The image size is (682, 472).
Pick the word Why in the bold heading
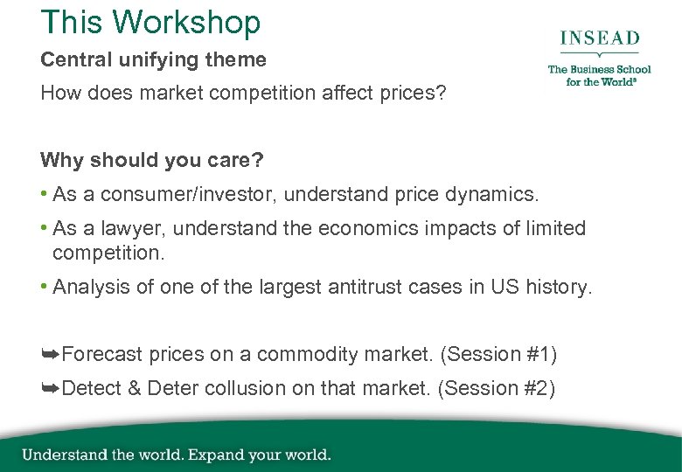tap(59, 161)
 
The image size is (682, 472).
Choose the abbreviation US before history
tap(504, 288)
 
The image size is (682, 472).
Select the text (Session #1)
tap(498, 355)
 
